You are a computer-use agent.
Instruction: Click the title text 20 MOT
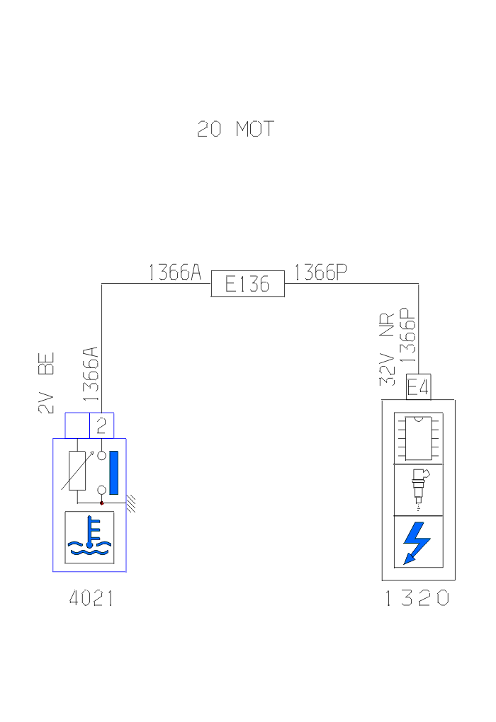pos(235,130)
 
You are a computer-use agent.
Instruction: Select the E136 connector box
pos(247,285)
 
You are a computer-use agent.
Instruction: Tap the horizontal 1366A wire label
pos(174,273)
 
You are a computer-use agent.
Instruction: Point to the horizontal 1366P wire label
pos(320,273)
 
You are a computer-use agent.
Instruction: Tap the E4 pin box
pos(417,388)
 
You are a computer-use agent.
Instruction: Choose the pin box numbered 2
pos(101,425)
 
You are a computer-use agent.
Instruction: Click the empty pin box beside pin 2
pos(77,425)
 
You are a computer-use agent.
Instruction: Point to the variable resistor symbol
pos(79,470)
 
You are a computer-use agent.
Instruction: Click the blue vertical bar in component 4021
pos(113,472)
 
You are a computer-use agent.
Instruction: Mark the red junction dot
pos(102,503)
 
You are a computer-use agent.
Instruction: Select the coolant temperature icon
pos(89,537)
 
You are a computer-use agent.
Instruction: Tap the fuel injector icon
pos(418,489)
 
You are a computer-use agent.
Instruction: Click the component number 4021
pos(91,599)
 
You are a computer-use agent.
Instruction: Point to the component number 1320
pos(417,599)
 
